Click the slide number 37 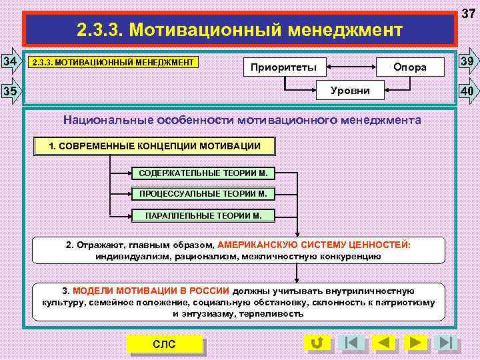[469, 13]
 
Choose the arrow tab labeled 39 [469, 63]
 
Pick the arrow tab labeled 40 [469, 89]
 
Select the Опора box [409, 67]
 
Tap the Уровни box [349, 89]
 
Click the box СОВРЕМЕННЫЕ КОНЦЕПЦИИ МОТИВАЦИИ [155, 146]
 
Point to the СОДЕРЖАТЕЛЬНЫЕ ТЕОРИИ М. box [203, 173]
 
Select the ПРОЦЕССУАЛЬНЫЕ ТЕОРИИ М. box [203, 195]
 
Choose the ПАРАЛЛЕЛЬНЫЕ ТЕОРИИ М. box [203, 216]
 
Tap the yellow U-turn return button [318, 343]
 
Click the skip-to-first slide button [351, 343]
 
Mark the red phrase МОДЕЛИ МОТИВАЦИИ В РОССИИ [151, 291]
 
